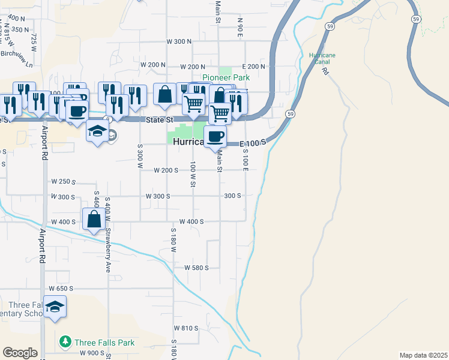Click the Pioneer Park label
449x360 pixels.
pyautogui.click(x=226, y=77)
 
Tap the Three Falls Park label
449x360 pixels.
pyautogui.click(x=104, y=343)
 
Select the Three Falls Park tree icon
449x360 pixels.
pyautogui.click(x=65, y=342)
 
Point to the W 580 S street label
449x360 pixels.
pyautogui.click(x=196, y=268)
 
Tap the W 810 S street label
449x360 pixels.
pyautogui.click(x=186, y=328)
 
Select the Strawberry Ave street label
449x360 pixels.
pyautogui.click(x=109, y=250)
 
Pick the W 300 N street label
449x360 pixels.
pyautogui.click(x=179, y=41)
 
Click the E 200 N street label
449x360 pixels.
pyautogui.click(x=253, y=66)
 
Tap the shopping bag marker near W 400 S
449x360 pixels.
pyautogui.click(x=94, y=219)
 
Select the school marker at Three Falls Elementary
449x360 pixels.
pyautogui.click(x=55, y=307)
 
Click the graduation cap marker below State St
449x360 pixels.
pyautogui.click(x=97, y=133)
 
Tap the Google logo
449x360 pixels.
pyautogui.click(x=20, y=353)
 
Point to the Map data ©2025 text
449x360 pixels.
pyautogui.click(x=423, y=355)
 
